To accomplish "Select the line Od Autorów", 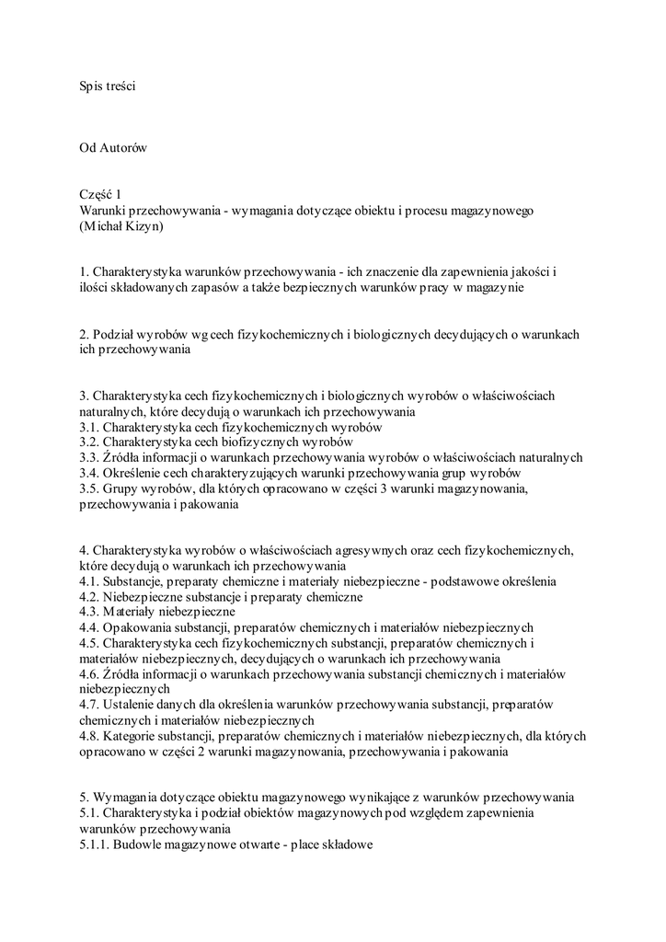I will click(114, 147).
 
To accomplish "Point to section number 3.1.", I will click(89, 427).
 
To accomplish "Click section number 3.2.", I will click(89, 442).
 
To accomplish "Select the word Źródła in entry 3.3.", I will click(123, 457).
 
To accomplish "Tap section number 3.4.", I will click(89, 473).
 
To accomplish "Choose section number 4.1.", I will click(89, 581).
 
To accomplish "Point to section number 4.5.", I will click(89, 643).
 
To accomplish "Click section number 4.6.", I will click(89, 674).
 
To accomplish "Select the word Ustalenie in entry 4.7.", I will click(132, 705).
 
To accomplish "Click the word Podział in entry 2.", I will click(117, 334).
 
